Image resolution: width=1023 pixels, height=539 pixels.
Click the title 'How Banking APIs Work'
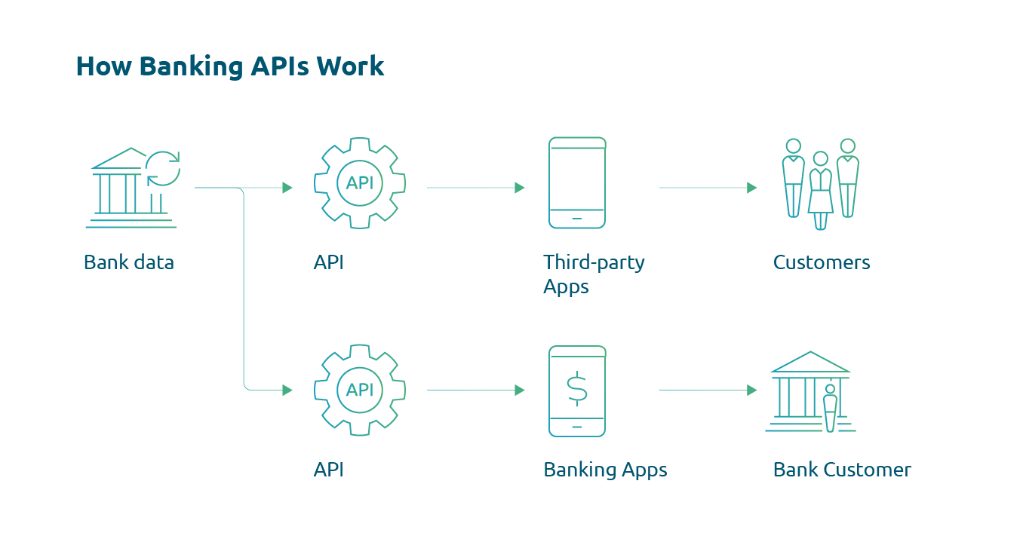[x=230, y=66]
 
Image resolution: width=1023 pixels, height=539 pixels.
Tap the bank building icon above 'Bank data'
[x=121, y=188]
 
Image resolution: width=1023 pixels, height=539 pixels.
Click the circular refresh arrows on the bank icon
[x=163, y=168]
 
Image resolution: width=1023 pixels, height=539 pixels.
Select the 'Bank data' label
[x=129, y=263]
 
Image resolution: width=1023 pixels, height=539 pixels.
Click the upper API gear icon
[x=360, y=182]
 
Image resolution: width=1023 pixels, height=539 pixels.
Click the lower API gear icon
[x=360, y=390]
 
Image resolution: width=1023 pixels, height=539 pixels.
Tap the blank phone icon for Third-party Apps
[x=577, y=182]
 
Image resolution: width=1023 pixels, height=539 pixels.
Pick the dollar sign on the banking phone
[x=577, y=388]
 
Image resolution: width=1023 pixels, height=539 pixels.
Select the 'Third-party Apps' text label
[x=594, y=274]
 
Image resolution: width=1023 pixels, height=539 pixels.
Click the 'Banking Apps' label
[x=605, y=470]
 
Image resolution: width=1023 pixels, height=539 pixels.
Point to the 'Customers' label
[x=822, y=263]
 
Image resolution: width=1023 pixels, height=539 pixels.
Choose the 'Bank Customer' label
[x=842, y=470]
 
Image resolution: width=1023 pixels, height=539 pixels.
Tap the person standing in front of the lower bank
[x=831, y=408]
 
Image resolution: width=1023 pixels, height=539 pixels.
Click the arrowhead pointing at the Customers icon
[x=751, y=188]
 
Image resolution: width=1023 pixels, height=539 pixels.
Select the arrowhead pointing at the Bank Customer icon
[x=751, y=390]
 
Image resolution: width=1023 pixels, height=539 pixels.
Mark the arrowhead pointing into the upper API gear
[x=287, y=188]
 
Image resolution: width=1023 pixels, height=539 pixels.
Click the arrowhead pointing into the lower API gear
[x=287, y=390]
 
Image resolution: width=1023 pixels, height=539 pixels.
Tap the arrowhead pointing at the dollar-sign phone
[x=520, y=390]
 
